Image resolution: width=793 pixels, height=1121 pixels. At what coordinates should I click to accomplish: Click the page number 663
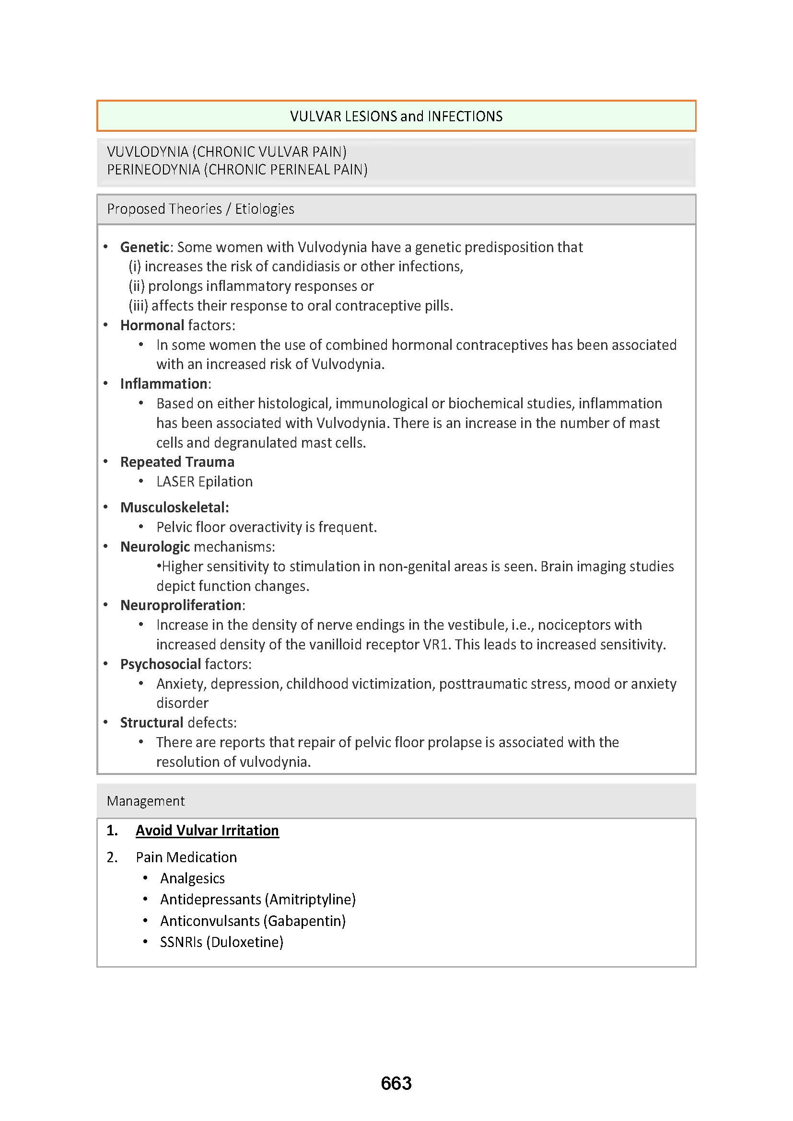[x=396, y=1083]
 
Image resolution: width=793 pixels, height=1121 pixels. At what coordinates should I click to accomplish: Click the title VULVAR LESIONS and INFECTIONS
[x=396, y=116]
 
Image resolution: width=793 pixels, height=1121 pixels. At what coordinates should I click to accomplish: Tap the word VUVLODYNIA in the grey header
[x=148, y=152]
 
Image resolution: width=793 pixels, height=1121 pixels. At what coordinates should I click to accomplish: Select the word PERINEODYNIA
[x=153, y=169]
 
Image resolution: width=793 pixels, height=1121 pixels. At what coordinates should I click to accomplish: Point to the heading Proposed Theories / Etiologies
[x=200, y=209]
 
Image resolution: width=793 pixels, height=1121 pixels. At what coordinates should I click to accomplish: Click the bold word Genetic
[x=144, y=247]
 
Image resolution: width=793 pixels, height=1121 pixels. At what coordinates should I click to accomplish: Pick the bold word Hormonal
[x=152, y=325]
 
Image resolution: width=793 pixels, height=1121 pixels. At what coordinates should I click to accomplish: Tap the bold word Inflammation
[x=164, y=384]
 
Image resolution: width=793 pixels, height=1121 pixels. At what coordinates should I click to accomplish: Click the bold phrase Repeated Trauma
[x=177, y=462]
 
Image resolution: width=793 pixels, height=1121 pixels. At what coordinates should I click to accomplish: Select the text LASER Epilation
[x=204, y=481]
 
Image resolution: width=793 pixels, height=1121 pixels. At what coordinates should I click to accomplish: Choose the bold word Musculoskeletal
[x=174, y=507]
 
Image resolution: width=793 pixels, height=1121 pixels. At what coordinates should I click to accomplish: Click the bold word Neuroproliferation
[x=181, y=605]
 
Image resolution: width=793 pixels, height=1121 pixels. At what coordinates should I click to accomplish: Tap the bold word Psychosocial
[x=161, y=664]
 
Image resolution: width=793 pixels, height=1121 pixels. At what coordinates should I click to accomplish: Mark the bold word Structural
[x=152, y=723]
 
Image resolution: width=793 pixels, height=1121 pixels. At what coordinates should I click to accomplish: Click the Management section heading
[x=146, y=801]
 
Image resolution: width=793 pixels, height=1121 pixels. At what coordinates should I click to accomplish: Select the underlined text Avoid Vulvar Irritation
[x=207, y=830]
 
